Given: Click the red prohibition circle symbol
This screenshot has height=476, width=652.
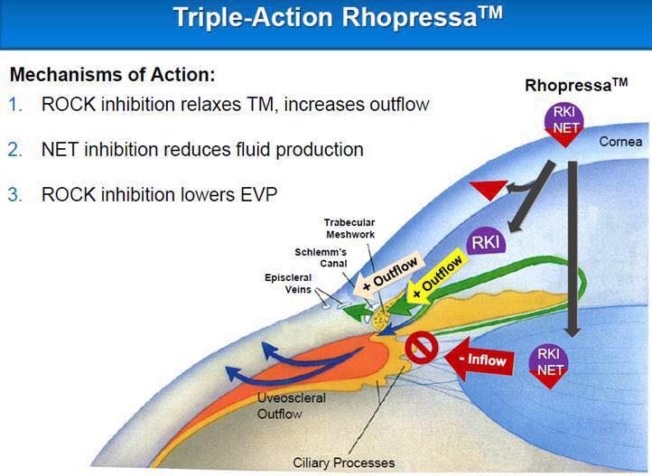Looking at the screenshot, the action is tap(422, 348).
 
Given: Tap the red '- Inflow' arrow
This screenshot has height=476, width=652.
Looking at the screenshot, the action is tap(479, 359).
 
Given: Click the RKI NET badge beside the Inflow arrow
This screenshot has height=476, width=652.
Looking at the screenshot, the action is tap(549, 365).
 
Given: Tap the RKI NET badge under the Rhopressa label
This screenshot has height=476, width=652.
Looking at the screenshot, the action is tap(564, 124).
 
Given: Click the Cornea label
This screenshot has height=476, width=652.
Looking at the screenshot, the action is tap(620, 142).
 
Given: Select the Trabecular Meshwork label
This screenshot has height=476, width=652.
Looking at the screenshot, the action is tap(349, 229).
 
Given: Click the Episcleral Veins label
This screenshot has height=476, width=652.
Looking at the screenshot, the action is tap(288, 283).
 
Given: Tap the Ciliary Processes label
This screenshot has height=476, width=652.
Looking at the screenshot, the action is tap(343, 462).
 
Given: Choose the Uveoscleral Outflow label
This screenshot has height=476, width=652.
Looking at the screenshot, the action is tap(291, 406).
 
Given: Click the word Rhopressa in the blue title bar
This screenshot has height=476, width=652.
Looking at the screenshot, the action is tap(409, 18).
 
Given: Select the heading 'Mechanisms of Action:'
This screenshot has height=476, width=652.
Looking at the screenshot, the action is tap(113, 74).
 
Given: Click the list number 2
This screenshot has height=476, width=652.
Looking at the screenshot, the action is tap(15, 150).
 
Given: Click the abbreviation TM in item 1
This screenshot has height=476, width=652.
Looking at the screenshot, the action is tap(262, 105).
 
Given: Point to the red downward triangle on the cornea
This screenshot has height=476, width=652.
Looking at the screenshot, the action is tap(489, 190).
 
